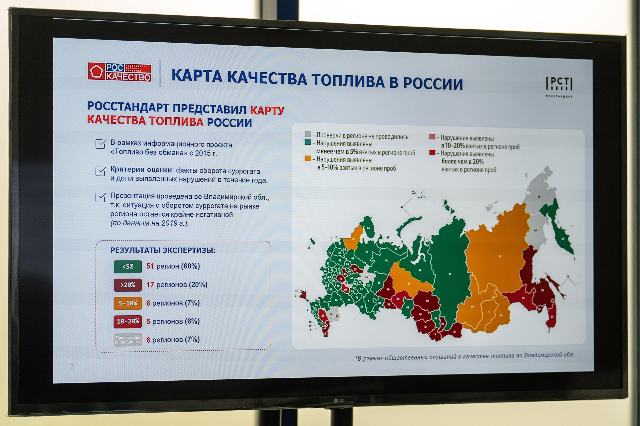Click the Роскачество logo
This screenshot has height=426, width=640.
pyautogui.click(x=119, y=72)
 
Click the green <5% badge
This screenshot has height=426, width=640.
pyautogui.click(x=127, y=267)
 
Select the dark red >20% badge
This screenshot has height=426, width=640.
pyautogui.click(x=127, y=285)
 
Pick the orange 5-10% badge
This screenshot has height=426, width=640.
pyautogui.click(x=127, y=303)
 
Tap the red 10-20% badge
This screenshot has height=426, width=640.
pyautogui.click(x=127, y=321)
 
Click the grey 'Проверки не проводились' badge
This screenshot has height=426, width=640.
pyautogui.click(x=127, y=340)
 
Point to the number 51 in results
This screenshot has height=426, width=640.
pyautogui.click(x=150, y=266)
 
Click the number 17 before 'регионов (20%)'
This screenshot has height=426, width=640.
pyautogui.click(x=150, y=284)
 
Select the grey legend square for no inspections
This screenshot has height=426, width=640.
pyautogui.click(x=308, y=134)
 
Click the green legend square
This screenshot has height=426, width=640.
pyautogui.click(x=308, y=142)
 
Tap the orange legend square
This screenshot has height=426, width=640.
pyautogui.click(x=308, y=158)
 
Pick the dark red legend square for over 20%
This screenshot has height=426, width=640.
pyautogui.click(x=432, y=152)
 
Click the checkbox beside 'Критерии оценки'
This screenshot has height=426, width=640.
pyautogui.click(x=100, y=171)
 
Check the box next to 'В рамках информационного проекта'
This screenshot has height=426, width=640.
pyautogui.click(x=100, y=144)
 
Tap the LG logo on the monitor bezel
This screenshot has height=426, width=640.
pyautogui.click(x=338, y=401)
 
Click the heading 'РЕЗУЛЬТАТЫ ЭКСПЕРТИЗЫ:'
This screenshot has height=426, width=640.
pyautogui.click(x=163, y=250)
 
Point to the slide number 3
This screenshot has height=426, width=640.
pyautogui.click(x=72, y=367)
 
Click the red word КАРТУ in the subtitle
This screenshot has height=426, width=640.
pyautogui.click(x=267, y=111)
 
